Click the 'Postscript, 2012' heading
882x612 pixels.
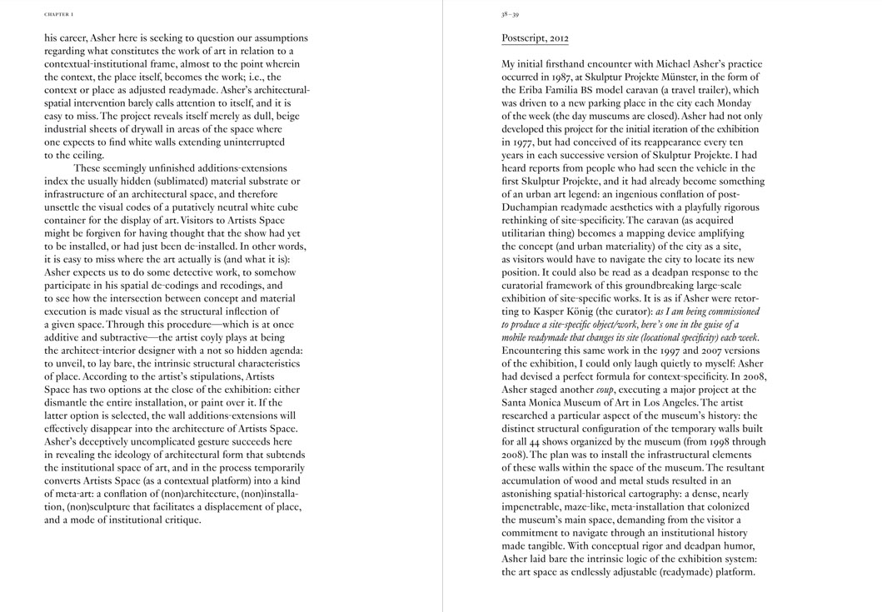(535, 38)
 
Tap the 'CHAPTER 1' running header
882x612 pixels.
(58, 14)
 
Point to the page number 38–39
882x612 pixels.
(511, 14)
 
